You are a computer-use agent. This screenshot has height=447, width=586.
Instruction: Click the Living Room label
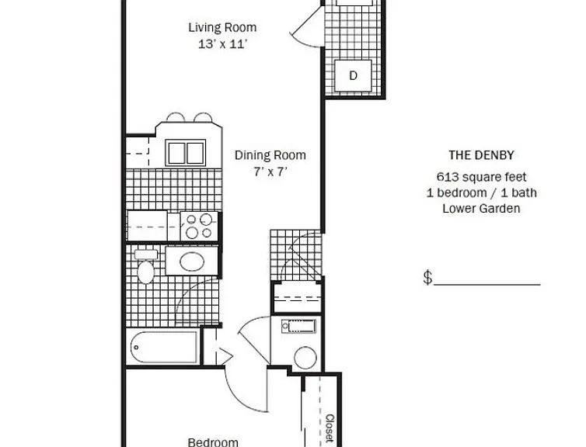pyautogui.click(x=222, y=28)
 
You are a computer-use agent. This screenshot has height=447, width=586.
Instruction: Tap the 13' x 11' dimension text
pyautogui.click(x=222, y=44)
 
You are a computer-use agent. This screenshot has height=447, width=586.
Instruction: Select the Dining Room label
pyautogui.click(x=270, y=155)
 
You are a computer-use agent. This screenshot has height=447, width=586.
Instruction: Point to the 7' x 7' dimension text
pyautogui.click(x=270, y=172)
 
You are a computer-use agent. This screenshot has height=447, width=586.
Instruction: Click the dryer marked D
pyautogui.click(x=353, y=75)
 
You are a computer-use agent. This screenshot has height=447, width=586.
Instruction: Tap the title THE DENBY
pyautogui.click(x=481, y=155)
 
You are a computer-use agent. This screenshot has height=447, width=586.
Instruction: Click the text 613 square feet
pyautogui.click(x=481, y=177)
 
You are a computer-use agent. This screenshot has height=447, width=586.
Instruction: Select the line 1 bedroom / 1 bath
pyautogui.click(x=481, y=193)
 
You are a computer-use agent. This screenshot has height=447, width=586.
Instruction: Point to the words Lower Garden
pyautogui.click(x=481, y=209)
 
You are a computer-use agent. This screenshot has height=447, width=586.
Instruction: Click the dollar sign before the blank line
pyautogui.click(x=428, y=278)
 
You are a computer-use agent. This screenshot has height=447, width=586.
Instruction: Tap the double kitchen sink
pyautogui.click(x=186, y=153)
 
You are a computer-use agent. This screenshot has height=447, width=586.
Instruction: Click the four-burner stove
pyautogui.click(x=199, y=227)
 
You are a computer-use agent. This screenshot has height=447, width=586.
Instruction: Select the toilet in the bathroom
pyautogui.click(x=146, y=266)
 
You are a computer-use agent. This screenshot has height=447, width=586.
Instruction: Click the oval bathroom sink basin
pyautogui.click(x=192, y=262)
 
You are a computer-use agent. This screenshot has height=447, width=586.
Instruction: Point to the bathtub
pyautogui.click(x=164, y=348)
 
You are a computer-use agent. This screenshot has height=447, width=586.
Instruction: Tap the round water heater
pyautogui.click(x=305, y=358)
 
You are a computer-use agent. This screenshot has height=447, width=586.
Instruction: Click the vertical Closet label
pyautogui.click(x=330, y=428)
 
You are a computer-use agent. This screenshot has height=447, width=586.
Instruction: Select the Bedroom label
pyautogui.click(x=213, y=442)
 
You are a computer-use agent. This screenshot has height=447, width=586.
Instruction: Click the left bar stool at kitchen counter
pyautogui.click(x=176, y=117)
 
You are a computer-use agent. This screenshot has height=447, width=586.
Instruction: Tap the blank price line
pyautogui.click(x=487, y=285)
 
